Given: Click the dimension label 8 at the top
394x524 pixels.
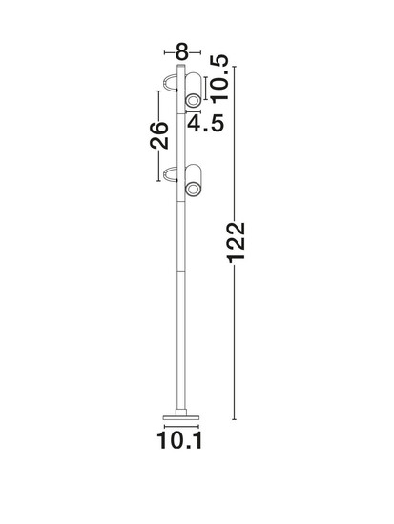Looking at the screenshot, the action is click(182, 52).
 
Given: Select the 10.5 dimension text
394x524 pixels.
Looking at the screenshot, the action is click(219, 77).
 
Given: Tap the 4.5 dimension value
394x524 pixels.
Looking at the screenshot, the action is click(205, 123).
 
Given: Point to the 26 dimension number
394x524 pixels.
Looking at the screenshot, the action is click(158, 135).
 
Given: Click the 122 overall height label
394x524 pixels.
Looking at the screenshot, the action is click(237, 242).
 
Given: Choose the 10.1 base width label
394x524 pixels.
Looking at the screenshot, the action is click(179, 441).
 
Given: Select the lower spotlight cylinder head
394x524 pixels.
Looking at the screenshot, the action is click(194, 180).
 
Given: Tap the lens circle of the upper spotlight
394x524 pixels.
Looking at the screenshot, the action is click(193, 101).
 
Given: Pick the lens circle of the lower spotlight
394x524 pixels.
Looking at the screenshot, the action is click(193, 190).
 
